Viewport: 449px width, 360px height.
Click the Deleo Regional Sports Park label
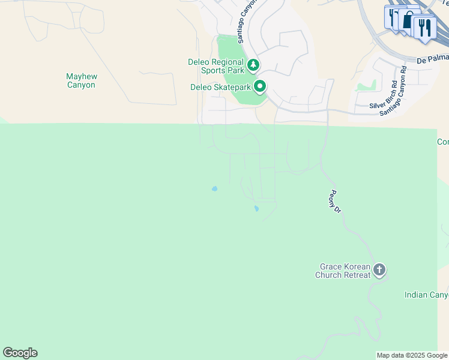coord(216,66)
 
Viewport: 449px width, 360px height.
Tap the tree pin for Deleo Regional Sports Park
coord(253,64)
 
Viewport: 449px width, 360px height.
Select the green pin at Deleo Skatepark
coord(260,87)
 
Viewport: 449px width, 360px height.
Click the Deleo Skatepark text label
coord(220,87)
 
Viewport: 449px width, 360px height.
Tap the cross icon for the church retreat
coord(379,270)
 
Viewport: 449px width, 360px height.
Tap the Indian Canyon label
coord(426,295)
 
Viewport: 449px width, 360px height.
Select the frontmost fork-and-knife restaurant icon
coord(424,28)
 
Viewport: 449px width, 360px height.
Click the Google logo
coord(20,353)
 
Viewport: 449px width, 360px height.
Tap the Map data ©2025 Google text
coord(412,355)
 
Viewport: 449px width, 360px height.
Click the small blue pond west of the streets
coord(214,189)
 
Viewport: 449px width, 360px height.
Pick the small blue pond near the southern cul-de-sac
coord(256,209)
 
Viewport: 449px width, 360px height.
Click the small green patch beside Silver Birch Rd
coord(365,85)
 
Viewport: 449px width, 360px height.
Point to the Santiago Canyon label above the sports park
coord(247,22)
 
